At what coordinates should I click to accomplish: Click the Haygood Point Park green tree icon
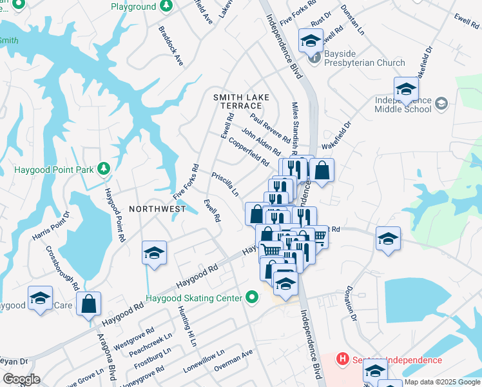103,170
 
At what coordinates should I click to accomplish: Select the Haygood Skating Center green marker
252,298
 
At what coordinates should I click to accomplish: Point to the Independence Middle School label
403,104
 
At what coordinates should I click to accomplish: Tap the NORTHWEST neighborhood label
157,209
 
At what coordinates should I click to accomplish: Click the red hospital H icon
343,359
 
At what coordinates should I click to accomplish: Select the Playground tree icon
166,6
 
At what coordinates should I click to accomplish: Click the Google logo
21,379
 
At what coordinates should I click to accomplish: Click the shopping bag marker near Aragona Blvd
88,303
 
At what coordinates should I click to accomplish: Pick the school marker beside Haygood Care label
40,299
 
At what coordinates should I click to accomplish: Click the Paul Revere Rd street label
270,128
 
